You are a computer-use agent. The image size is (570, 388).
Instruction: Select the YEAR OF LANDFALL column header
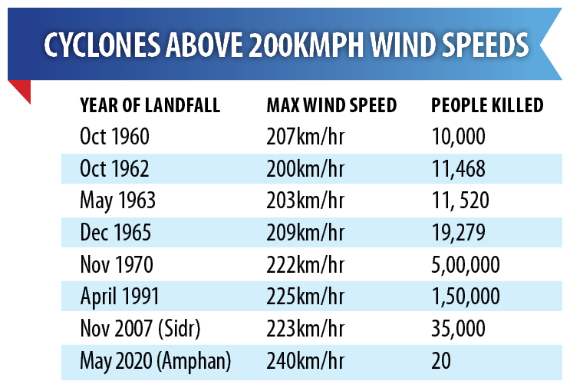[150, 105]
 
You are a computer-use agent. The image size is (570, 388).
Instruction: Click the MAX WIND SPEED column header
[331, 105]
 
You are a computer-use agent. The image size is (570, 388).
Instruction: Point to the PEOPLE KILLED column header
[487, 105]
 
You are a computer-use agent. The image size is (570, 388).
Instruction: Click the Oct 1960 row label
[114, 137]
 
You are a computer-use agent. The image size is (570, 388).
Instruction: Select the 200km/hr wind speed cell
[304, 169]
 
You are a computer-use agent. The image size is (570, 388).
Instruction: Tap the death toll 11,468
[459, 169]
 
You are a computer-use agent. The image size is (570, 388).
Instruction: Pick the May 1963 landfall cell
[117, 201]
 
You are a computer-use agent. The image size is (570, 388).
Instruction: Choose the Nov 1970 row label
[117, 266]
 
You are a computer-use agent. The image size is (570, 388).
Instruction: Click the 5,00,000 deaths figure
[466, 266]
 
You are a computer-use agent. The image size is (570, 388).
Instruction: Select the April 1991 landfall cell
[119, 297]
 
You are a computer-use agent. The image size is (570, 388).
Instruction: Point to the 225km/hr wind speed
[304, 297]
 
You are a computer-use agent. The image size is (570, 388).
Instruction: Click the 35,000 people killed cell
[458, 330]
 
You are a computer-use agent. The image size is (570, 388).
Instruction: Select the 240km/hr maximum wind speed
[304, 361]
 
